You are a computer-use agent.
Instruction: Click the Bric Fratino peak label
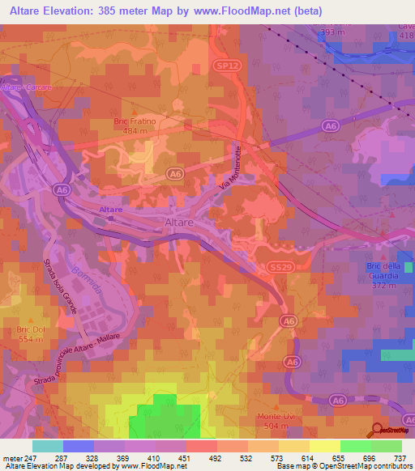click(x=135, y=121)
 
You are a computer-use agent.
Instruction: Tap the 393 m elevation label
click(x=332, y=32)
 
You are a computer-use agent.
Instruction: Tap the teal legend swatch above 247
click(x=48, y=446)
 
